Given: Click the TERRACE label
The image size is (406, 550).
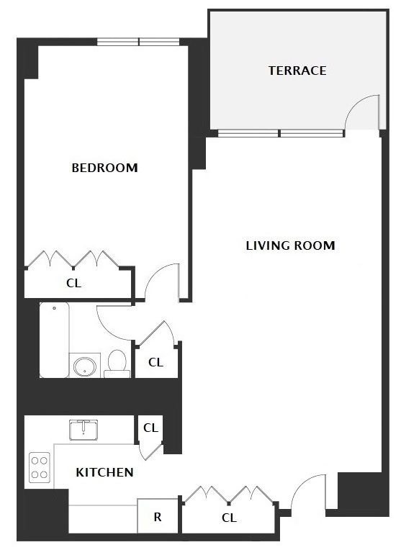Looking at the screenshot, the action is click(x=297, y=71).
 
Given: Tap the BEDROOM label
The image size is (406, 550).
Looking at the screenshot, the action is click(x=104, y=168).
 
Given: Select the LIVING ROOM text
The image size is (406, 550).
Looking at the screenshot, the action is click(x=290, y=245).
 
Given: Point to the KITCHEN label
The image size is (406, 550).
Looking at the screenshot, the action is click(x=104, y=472).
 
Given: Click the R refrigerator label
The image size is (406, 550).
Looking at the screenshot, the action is click(x=158, y=517).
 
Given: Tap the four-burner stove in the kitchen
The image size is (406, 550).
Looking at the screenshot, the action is click(x=40, y=467).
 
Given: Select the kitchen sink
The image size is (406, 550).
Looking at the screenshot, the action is click(x=84, y=430).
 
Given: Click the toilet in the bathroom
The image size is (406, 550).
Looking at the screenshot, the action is click(x=117, y=364).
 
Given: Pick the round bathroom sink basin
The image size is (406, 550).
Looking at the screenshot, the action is click(x=85, y=366).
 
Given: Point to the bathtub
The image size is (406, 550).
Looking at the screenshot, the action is click(x=54, y=340).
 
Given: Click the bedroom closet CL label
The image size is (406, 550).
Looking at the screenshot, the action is click(x=73, y=283).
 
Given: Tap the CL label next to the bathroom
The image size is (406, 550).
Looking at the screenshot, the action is click(x=155, y=362).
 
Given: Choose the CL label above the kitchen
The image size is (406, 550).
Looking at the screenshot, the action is click(x=150, y=428).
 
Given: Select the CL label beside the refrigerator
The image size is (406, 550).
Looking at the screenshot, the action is click(x=230, y=518).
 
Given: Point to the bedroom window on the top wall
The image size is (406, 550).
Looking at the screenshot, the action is click(x=138, y=42).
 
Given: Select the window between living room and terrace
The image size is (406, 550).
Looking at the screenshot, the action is click(x=281, y=133).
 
